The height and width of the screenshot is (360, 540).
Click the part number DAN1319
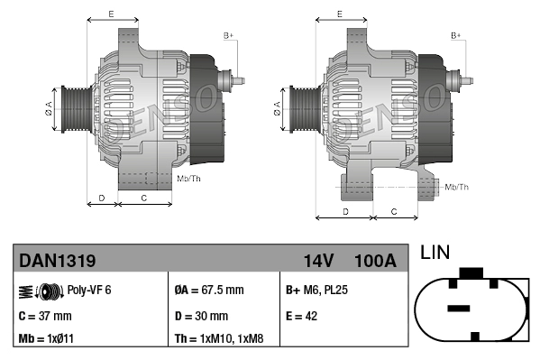pos(58,261)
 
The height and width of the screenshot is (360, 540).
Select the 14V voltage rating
pos(318,261)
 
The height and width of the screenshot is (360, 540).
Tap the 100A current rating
pos(375,261)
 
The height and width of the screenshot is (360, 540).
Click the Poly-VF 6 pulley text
pos(89,291)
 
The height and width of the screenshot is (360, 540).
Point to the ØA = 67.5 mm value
pos(209,291)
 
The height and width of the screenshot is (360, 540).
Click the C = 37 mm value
pos(46,316)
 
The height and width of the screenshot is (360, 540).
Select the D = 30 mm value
pos(201,316)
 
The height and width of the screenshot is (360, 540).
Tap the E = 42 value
pos(303,316)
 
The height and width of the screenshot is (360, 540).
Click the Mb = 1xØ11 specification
pos(48,340)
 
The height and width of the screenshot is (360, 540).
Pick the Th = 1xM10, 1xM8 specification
pos(218,340)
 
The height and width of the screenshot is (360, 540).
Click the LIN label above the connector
pos(435,254)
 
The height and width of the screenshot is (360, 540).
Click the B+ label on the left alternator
pos(228,35)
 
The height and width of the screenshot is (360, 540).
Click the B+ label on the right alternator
pos(456,35)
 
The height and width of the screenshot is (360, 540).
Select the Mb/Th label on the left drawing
pos(189,179)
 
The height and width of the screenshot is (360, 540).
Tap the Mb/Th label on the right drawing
pos(457,187)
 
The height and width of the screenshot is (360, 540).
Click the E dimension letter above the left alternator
pos(110,14)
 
